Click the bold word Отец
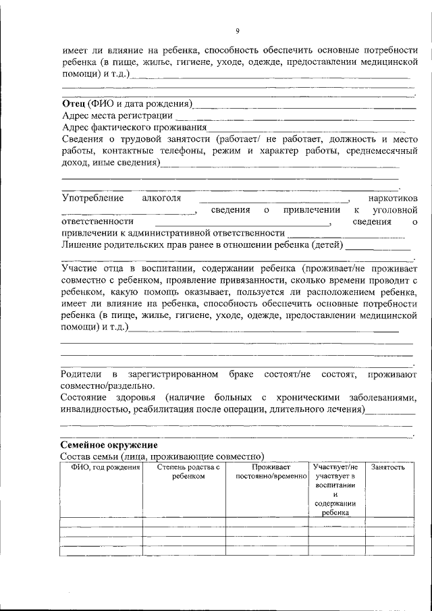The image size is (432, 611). [x=73, y=103]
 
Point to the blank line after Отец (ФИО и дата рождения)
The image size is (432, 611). [x=304, y=105]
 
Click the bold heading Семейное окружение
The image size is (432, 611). [x=109, y=446]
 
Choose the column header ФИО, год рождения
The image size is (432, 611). [x=100, y=467]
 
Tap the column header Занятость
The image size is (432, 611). [x=388, y=467]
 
